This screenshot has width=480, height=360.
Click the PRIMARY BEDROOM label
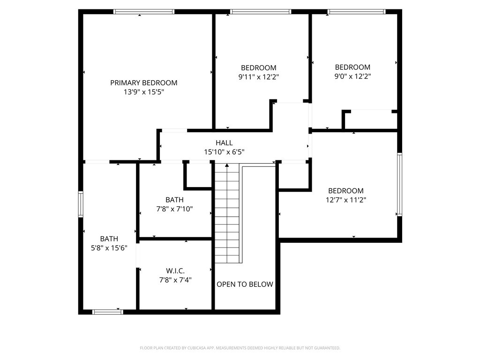143,83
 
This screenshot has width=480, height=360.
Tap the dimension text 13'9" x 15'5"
143,92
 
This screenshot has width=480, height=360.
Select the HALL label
224,143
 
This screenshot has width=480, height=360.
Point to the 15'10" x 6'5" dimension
224,152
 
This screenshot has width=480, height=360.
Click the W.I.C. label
175,271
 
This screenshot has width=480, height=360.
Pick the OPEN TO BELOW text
245,284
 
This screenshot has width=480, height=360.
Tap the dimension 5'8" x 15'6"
109,248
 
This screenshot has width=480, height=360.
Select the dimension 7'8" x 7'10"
174,209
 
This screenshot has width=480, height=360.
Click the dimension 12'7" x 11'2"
346,200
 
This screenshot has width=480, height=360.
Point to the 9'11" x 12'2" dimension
259,76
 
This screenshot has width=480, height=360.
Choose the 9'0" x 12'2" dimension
352,76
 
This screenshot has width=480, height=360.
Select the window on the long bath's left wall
81,205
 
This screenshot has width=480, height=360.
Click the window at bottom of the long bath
108,312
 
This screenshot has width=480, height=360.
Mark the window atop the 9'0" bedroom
356,12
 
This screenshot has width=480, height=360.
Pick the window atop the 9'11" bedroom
261,12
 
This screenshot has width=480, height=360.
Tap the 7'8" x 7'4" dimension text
175,280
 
